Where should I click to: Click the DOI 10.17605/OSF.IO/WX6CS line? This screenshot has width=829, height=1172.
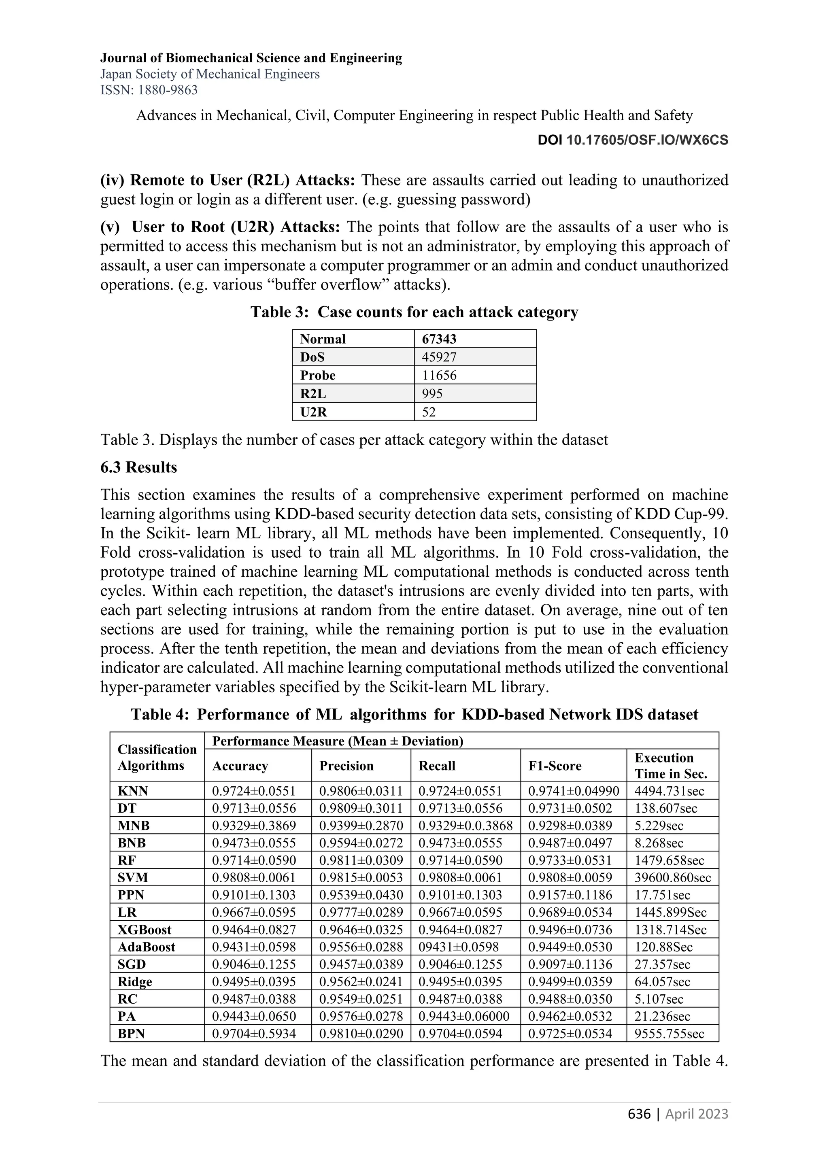pos(633,140)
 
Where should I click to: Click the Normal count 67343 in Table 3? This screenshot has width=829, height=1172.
pos(439,339)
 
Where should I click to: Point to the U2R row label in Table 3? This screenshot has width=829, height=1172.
pos(313,412)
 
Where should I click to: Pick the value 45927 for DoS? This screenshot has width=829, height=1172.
pos(439,357)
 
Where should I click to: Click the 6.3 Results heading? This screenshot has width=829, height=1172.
pos(139,467)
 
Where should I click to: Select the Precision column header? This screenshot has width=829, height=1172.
pos(346,766)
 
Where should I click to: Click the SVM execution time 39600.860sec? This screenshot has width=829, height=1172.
pos(672,877)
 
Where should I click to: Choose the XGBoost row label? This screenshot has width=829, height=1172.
pos(145,930)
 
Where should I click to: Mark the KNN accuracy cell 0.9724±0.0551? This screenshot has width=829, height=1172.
pos(254,791)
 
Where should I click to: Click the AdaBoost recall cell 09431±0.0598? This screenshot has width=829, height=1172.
pos(458,947)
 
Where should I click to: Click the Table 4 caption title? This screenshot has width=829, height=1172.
pos(414,714)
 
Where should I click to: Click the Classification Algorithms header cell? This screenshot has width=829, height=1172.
pos(157,758)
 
